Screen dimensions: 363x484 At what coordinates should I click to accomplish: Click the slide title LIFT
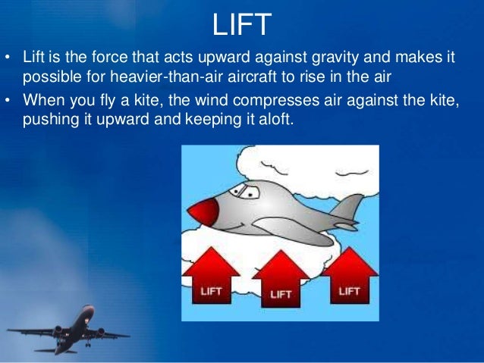click(242, 24)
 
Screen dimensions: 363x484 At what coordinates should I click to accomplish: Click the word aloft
click(271, 119)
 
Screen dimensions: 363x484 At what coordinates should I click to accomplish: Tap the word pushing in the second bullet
click(50, 119)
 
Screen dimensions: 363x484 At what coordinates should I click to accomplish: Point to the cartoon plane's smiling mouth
click(244, 224)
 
